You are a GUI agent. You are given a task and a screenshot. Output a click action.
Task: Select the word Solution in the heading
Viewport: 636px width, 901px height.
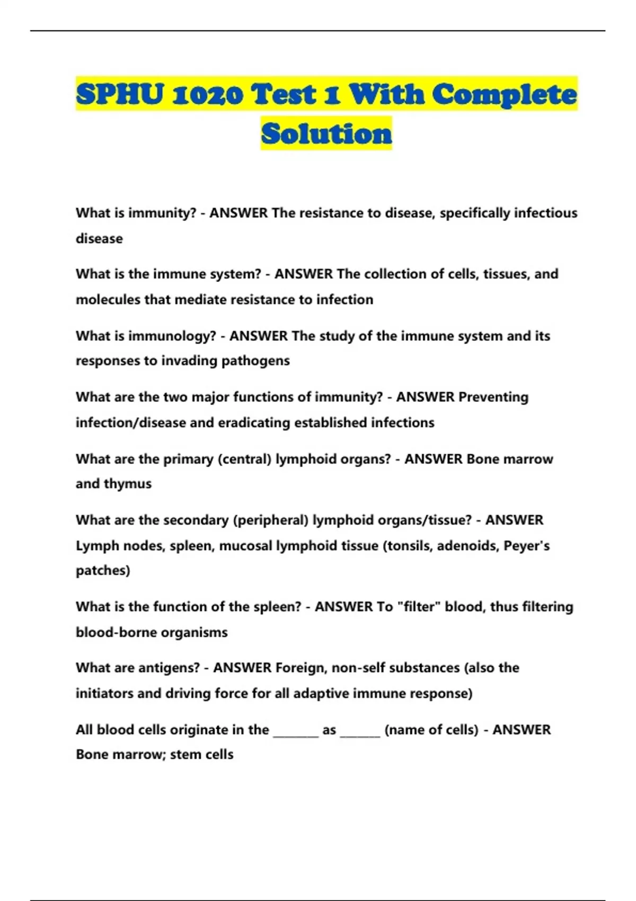(x=326, y=133)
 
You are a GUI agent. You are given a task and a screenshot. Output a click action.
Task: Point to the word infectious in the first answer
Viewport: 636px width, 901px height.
(x=546, y=213)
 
